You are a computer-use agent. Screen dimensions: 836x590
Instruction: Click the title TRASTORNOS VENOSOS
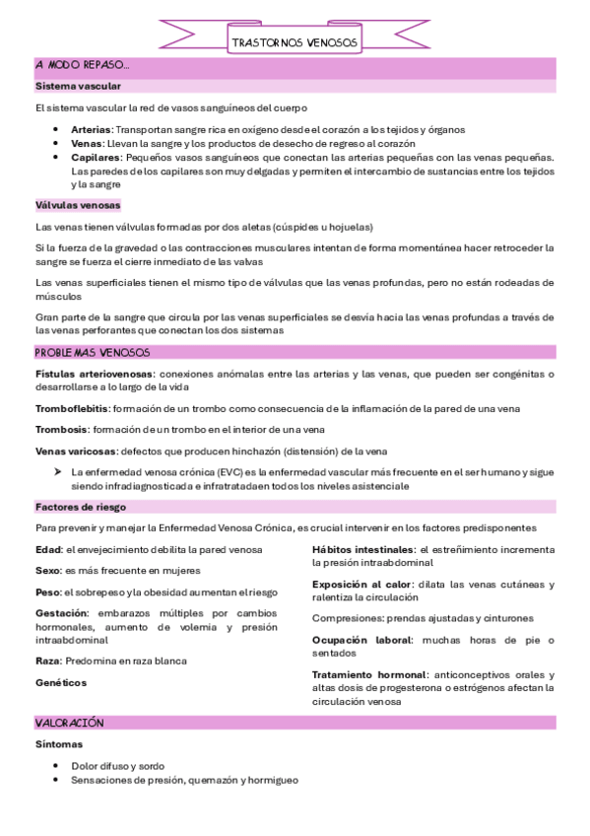tap(295, 43)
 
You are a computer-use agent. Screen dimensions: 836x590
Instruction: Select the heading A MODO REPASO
tap(82, 65)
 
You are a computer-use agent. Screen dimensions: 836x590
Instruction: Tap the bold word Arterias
tap(92, 129)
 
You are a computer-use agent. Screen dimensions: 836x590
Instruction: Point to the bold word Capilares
tap(96, 157)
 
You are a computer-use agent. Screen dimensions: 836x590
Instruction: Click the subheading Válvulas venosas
tap(78, 205)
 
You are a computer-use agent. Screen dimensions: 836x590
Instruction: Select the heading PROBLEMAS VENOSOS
tap(93, 352)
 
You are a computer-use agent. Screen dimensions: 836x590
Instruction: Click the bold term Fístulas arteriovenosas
tap(94, 374)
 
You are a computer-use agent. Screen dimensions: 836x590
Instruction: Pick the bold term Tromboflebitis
tap(72, 407)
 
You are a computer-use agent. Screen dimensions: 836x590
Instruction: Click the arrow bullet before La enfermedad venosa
tap(58, 472)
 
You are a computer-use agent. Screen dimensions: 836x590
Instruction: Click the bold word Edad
tap(48, 548)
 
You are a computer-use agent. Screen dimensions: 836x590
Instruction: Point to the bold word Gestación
tap(62, 613)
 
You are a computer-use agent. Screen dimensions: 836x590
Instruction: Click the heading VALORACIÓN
tap(69, 723)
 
